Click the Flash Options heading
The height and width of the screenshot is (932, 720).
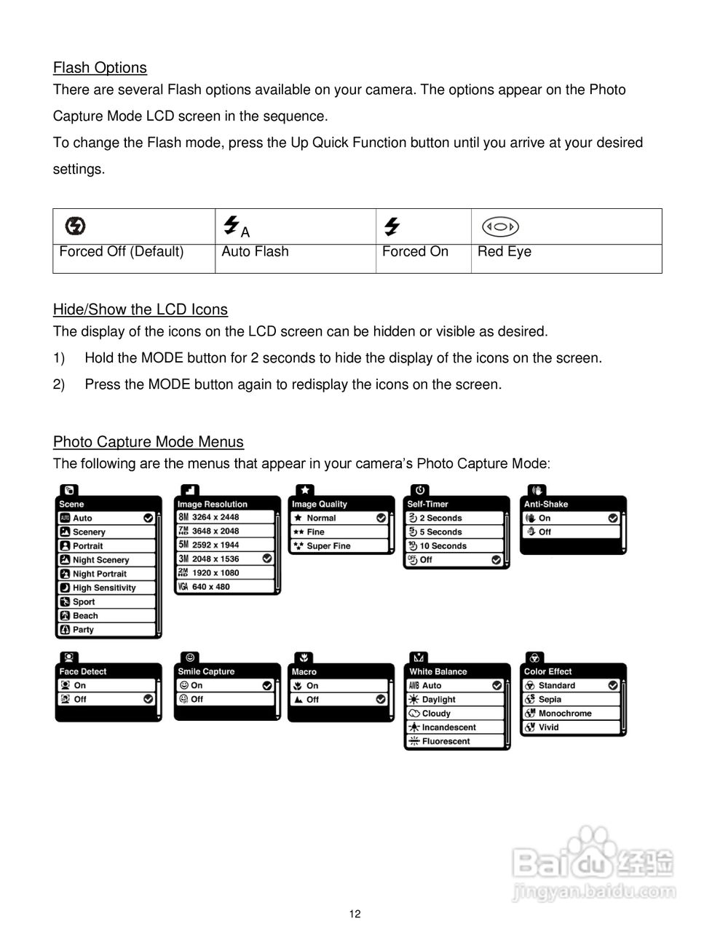[100, 68]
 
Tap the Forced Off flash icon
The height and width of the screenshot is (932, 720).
[75, 226]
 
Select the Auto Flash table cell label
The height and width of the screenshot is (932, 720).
[255, 252]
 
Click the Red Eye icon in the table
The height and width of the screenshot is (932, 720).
[500, 226]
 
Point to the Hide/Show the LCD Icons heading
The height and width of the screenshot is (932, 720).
[140, 309]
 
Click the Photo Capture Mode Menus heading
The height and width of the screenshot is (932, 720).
[148, 442]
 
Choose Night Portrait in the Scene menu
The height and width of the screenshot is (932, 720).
[99, 574]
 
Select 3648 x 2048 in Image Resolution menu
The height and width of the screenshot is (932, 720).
[215, 531]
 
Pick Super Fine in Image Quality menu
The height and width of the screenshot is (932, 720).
[328, 546]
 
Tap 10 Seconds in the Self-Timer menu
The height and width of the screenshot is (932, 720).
[443, 546]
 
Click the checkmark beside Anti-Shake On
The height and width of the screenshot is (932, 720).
[613, 518]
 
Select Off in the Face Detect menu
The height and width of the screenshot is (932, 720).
[79, 699]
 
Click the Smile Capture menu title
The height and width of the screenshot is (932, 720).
[206, 671]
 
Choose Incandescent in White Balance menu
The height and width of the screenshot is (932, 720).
[448, 727]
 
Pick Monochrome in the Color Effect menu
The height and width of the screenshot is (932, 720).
[565, 714]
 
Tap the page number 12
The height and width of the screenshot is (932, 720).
[355, 915]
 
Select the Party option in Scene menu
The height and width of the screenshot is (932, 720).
[83, 630]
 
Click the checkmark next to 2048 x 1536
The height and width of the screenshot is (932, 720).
[267, 558]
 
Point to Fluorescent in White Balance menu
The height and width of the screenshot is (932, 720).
[446, 741]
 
